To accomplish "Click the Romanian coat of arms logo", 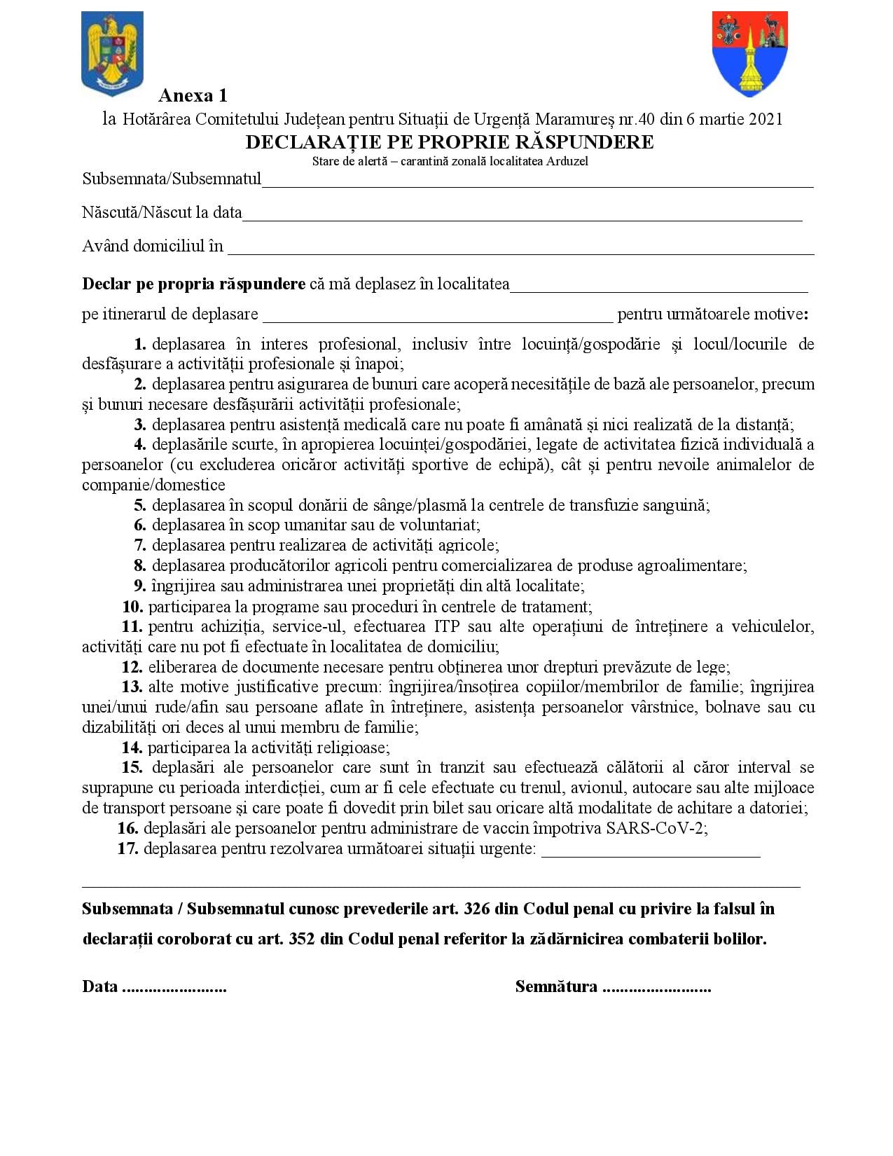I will pos(112,53).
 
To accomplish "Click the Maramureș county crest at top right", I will pos(749,53).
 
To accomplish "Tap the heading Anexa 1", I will pos(193,95).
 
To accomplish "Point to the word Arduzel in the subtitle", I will pos(568,161).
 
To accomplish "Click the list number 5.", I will pos(140,505).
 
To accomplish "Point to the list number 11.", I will pos(132,626).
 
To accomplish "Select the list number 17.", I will pos(127,848).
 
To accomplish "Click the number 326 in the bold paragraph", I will pos(476,909).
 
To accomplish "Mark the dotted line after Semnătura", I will pos(656,988).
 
